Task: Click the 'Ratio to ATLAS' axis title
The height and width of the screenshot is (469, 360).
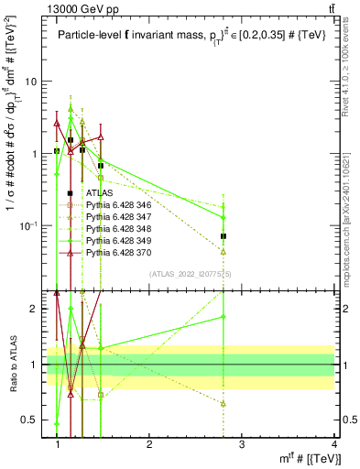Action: pyautogui.click(x=13, y=364)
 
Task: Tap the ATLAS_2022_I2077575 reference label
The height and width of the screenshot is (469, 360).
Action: pyautogui.click(x=189, y=274)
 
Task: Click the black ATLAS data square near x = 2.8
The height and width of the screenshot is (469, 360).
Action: pyautogui.click(x=224, y=236)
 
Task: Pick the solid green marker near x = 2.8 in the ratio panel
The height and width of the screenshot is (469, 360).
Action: pyautogui.click(x=224, y=317)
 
